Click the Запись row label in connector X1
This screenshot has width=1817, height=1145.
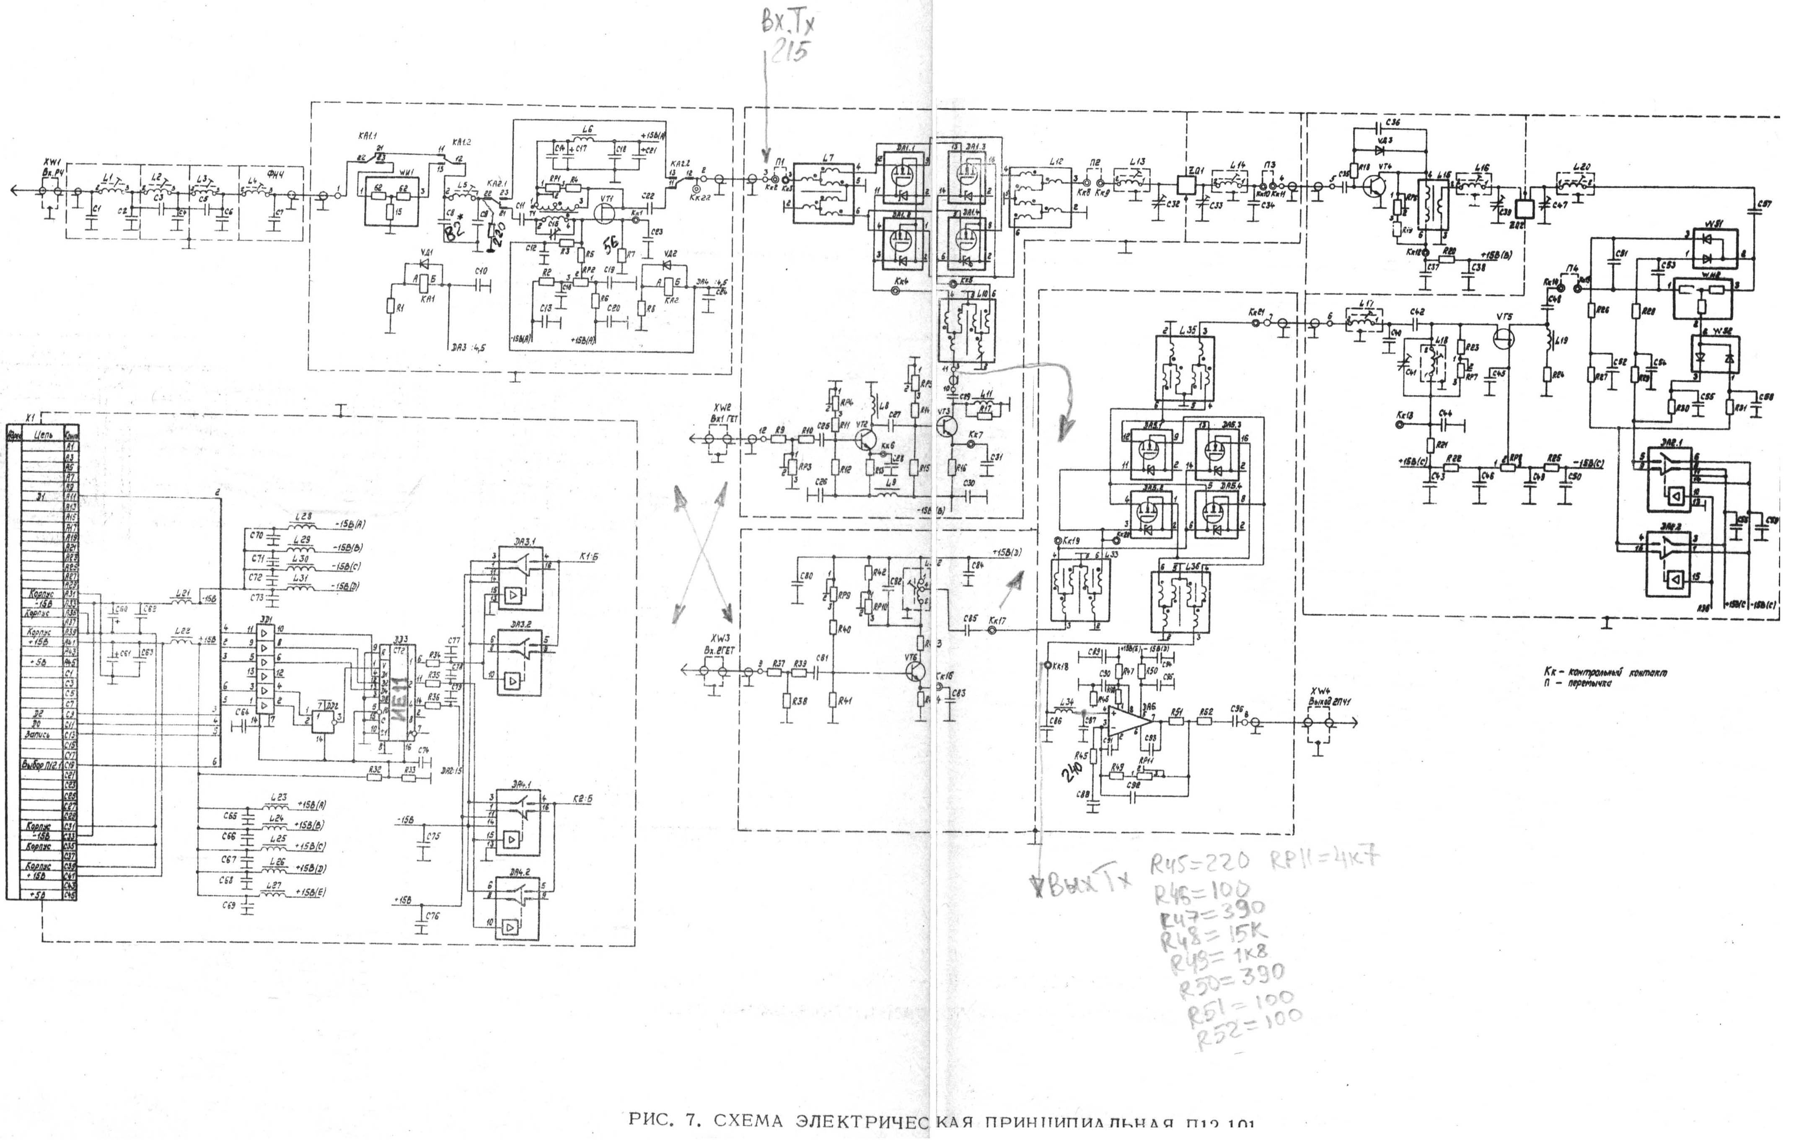(38, 733)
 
